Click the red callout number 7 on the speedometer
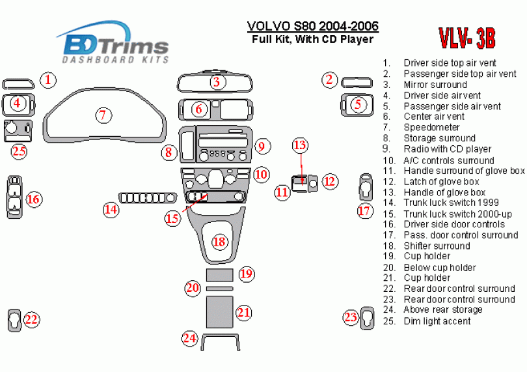coord(103,115)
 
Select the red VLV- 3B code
coord(467,38)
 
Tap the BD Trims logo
coord(114,43)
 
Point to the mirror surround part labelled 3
coord(178,82)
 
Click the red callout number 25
coord(19,151)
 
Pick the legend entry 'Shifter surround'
coord(437,246)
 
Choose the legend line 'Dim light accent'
coord(437,321)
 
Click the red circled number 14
coord(111,209)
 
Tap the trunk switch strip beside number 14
coord(148,198)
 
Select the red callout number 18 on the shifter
coord(219,242)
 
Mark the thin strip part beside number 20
coord(219,289)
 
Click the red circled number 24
coord(189,338)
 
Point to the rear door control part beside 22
coord(9,320)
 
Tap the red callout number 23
coord(351,317)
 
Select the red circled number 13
coord(300,145)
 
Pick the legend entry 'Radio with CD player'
coord(448,149)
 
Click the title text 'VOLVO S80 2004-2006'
coord(313,26)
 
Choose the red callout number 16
coord(33,199)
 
